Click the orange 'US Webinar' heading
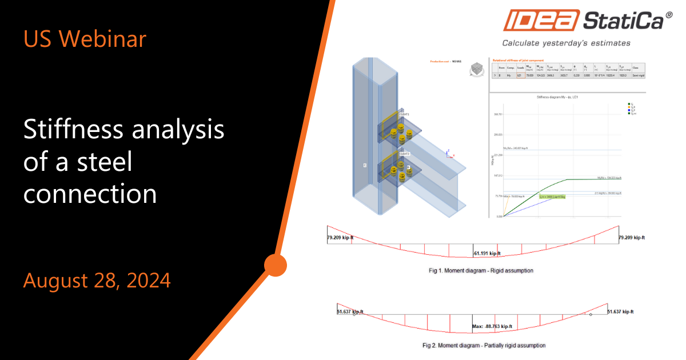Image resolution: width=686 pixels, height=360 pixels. pyautogui.click(x=84, y=38)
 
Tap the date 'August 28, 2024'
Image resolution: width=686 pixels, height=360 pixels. pyautogui.click(x=97, y=281)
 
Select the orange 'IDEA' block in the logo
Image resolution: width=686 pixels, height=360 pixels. pyautogui.click(x=540, y=22)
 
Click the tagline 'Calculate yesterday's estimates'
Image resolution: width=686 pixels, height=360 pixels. pyautogui.click(x=566, y=43)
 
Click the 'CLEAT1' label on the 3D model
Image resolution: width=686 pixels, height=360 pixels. pyautogui.click(x=404, y=114)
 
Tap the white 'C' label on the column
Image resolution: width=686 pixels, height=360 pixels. pyautogui.click(x=364, y=165)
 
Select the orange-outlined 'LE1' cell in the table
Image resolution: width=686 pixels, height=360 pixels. pyautogui.click(x=520, y=74)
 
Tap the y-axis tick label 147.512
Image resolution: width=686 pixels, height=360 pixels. pyautogui.click(x=497, y=175)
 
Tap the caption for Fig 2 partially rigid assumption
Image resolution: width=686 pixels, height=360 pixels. pyautogui.click(x=484, y=345)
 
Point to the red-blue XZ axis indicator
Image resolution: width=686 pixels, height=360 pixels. pyautogui.click(x=449, y=154)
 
